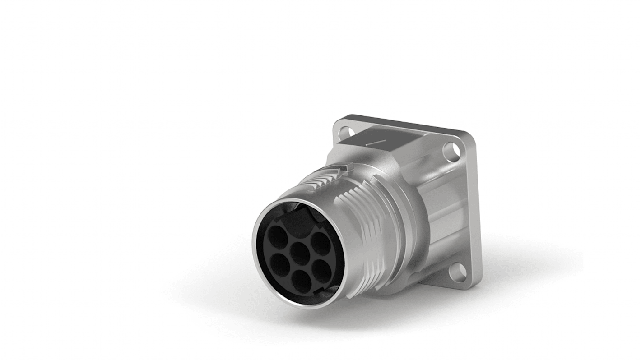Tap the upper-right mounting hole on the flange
coord(451,152)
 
